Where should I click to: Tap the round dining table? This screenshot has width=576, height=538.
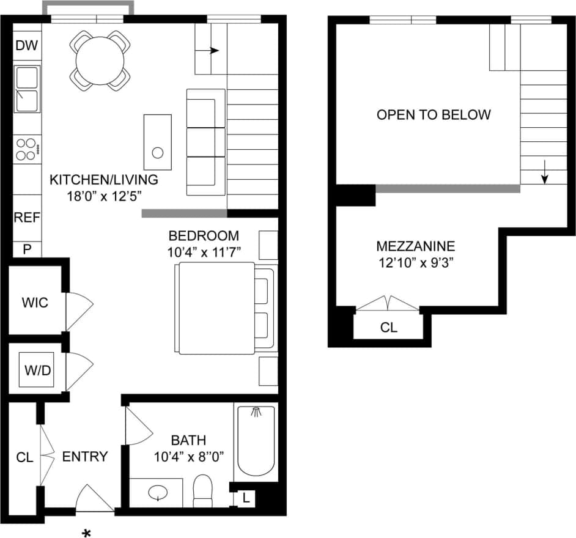(100, 60)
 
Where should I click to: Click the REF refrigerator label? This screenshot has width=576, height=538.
(26, 218)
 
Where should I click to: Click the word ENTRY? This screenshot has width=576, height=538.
(85, 456)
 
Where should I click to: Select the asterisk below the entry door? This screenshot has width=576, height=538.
(87, 534)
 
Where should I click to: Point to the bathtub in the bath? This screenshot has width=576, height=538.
(256, 440)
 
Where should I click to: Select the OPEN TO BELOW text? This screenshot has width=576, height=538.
(433, 114)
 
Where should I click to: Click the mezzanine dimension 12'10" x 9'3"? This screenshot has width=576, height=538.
(415, 263)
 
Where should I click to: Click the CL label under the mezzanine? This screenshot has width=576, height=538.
(388, 327)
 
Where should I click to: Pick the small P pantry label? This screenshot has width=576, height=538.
(26, 248)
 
